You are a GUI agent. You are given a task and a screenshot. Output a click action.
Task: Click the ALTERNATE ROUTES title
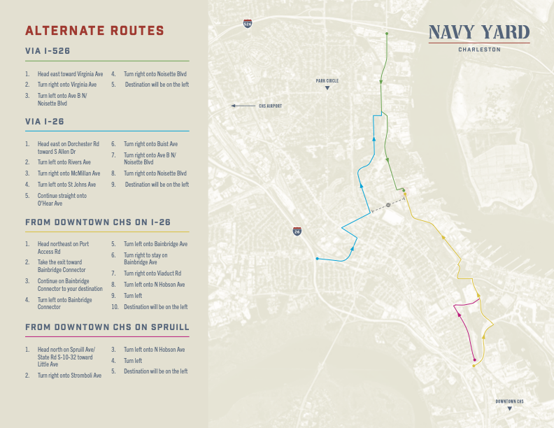pyautogui.click(x=94, y=31)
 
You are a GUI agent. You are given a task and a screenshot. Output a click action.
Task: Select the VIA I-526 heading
pyautogui.click(x=48, y=51)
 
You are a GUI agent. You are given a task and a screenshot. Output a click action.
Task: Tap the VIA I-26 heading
pyautogui.click(x=45, y=122)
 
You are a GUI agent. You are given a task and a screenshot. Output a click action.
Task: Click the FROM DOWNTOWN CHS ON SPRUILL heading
pyautogui.click(x=107, y=327)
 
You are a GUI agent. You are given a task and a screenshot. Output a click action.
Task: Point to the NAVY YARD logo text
pyautogui.click(x=479, y=32)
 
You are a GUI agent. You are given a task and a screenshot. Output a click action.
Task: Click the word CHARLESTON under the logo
pyautogui.click(x=479, y=50)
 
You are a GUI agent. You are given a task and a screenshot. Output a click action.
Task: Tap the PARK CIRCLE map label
pyautogui.click(x=327, y=81)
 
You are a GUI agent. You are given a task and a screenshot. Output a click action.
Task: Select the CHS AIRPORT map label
pyautogui.click(x=270, y=106)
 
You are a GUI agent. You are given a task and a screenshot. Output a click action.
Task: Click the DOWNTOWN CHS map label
pyautogui.click(x=509, y=401)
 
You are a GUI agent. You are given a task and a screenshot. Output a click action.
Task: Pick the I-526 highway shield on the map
pyautogui.click(x=248, y=24)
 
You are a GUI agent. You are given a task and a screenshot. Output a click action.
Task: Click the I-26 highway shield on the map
pyautogui.click(x=297, y=231)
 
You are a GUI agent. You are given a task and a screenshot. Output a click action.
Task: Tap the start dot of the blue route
pyautogui.click(x=317, y=259)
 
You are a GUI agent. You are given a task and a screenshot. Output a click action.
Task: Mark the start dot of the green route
pyautogui.click(x=386, y=33)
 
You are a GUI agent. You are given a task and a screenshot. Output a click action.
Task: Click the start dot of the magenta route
pyautogui.click(x=475, y=361)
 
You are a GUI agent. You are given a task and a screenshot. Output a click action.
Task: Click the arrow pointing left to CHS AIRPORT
pyautogui.click(x=243, y=106)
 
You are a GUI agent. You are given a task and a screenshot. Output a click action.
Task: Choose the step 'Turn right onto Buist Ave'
pyautogui.click(x=150, y=144)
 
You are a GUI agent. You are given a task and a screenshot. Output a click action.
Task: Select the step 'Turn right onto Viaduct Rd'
pyautogui.click(x=152, y=273)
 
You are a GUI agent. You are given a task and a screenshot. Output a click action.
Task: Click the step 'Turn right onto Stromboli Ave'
pyautogui.click(x=69, y=376)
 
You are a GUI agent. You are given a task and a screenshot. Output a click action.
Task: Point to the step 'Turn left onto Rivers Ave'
pyautogui.click(x=64, y=162)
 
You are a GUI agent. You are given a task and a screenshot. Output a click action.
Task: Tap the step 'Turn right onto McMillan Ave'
pyautogui.click(x=69, y=173)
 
